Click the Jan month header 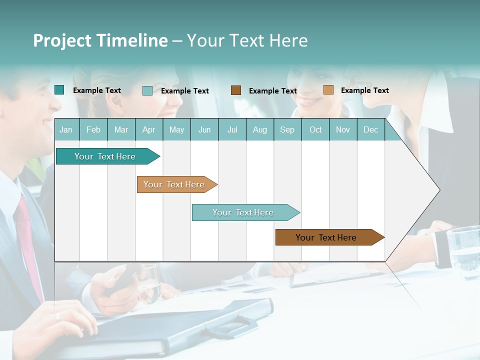(x=66, y=130)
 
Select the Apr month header (x=148, y=130)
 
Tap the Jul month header (x=232, y=130)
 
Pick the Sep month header (x=287, y=130)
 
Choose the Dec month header (x=370, y=130)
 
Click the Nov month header (x=342, y=130)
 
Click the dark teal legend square (x=59, y=90)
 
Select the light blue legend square (x=147, y=90)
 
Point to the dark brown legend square (x=236, y=90)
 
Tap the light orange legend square (x=328, y=90)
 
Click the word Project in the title (x=61, y=40)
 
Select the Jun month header (x=204, y=130)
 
